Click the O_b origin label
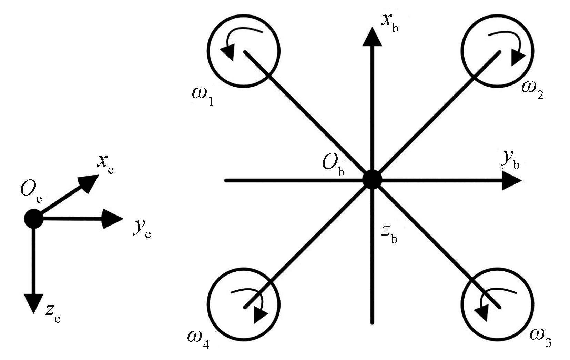(333, 164)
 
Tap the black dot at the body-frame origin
(372, 179)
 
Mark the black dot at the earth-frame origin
(33, 218)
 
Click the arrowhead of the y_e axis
(113, 219)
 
